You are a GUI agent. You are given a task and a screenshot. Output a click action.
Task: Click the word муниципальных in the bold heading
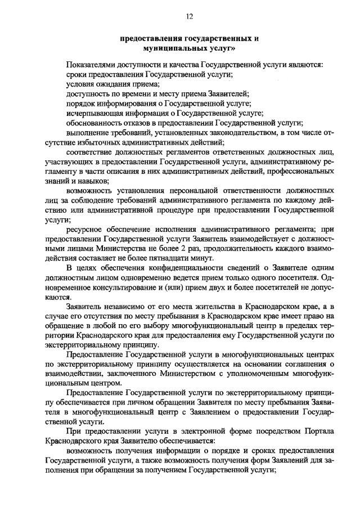tap(170, 49)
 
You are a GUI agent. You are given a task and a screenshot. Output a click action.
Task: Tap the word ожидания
tap(111, 84)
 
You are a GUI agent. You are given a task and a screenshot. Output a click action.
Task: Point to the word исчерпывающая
tap(92, 113)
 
